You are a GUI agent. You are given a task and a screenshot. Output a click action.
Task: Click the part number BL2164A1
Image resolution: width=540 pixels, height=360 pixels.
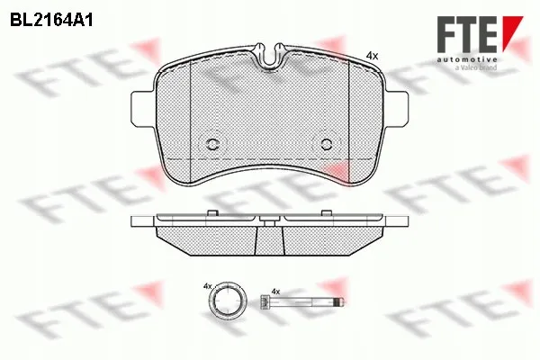(51, 21)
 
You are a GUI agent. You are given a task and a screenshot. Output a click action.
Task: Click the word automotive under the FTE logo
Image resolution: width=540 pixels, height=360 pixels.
(467, 59)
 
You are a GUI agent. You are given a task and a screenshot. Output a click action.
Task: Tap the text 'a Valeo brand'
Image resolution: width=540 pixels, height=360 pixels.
(476, 67)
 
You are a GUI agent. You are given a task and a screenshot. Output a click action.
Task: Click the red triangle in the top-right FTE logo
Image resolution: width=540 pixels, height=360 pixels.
(512, 31)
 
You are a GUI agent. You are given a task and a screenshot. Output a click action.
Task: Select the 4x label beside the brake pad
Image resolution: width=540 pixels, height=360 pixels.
(372, 56)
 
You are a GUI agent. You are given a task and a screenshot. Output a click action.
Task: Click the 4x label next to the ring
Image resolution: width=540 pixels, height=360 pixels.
(207, 286)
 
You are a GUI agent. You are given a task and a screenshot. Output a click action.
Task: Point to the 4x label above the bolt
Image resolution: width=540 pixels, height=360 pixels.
(275, 292)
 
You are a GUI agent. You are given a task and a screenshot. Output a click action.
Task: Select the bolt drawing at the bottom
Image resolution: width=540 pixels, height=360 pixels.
(301, 302)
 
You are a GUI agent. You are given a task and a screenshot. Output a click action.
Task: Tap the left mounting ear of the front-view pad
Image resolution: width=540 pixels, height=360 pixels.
(142, 108)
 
